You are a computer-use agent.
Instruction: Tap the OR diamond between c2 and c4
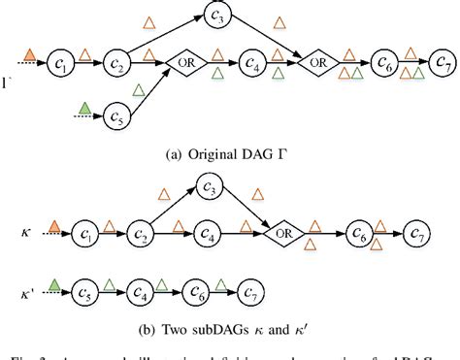pyautogui.click(x=186, y=63)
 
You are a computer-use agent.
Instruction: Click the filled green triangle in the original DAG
pyautogui.click(x=86, y=107)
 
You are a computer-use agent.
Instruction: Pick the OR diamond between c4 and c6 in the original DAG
pyautogui.click(x=315, y=63)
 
